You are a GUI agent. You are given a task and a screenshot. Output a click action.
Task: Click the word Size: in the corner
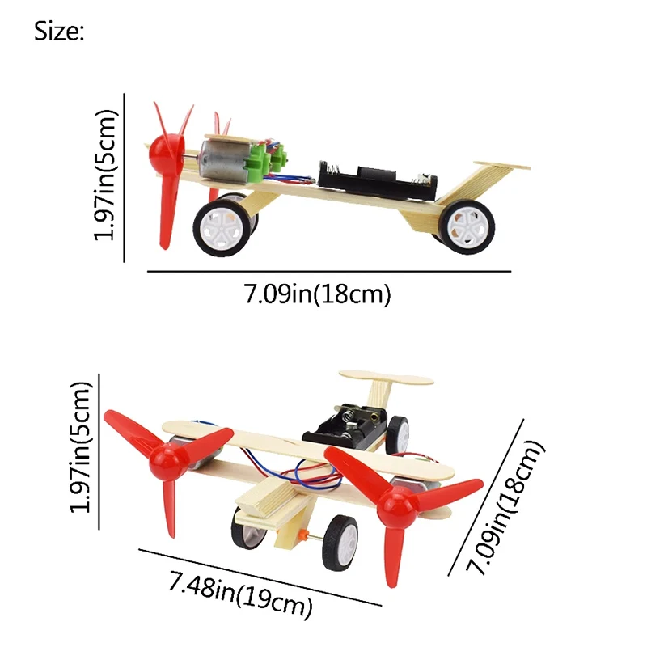click(58, 32)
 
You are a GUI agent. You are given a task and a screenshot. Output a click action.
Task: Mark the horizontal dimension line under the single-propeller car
click(328, 272)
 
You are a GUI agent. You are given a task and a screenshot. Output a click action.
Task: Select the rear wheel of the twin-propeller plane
click(398, 435)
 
